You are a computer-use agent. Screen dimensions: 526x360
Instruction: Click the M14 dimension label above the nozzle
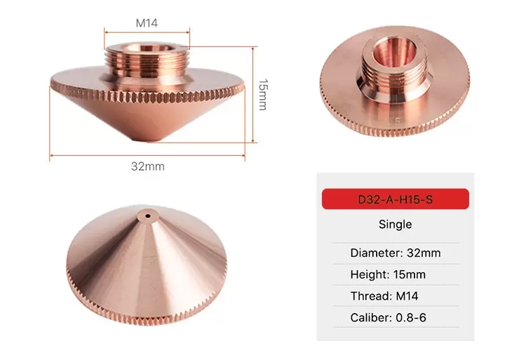click(147, 23)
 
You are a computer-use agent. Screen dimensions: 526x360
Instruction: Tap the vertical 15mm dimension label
click(263, 95)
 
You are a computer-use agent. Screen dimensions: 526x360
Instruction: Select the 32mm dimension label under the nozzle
click(147, 166)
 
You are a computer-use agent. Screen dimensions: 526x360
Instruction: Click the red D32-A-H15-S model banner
click(395, 199)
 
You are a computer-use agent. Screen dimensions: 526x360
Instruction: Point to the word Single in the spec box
click(395, 224)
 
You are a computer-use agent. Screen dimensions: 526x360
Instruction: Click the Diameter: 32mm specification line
click(396, 253)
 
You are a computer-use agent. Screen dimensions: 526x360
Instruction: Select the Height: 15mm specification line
click(388, 274)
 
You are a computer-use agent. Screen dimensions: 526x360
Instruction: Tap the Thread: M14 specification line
click(384, 296)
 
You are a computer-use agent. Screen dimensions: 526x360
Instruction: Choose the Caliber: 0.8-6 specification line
click(388, 317)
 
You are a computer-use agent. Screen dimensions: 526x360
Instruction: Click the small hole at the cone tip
click(147, 215)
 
